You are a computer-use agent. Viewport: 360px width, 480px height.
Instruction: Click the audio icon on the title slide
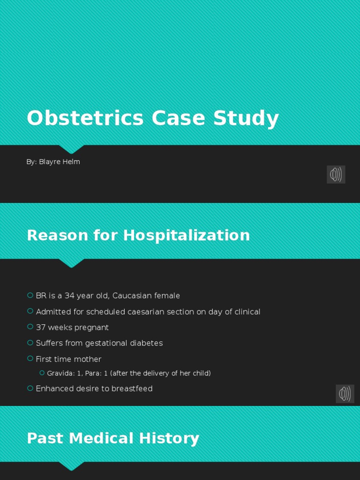click(336, 174)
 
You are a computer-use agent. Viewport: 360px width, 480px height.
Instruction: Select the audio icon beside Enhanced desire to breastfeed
click(345, 394)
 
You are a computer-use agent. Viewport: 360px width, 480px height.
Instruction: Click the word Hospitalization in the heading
click(187, 235)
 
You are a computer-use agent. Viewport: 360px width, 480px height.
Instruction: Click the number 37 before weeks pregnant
click(41, 327)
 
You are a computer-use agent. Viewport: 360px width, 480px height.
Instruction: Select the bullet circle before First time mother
click(30, 359)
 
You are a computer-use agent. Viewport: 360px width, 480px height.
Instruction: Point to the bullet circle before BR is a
click(30, 295)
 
